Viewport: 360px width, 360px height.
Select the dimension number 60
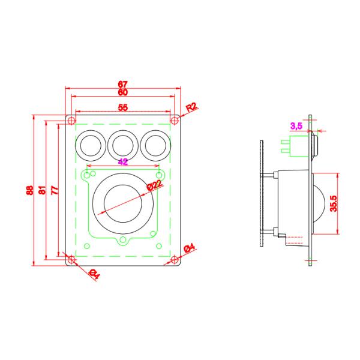pyautogui.click(x=123, y=93)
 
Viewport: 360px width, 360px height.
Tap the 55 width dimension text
pyautogui.click(x=123, y=107)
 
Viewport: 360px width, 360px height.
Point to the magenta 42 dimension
pyautogui.click(x=123, y=161)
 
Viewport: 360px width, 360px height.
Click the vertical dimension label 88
pyautogui.click(x=29, y=190)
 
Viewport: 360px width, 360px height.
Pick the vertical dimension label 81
pyautogui.click(x=42, y=190)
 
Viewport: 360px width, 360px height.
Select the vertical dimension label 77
pyautogui.click(x=54, y=190)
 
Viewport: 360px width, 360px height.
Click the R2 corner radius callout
pyautogui.click(x=192, y=108)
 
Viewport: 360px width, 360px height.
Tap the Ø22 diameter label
pyautogui.click(x=154, y=186)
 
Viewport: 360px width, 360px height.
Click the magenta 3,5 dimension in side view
pyautogui.click(x=296, y=125)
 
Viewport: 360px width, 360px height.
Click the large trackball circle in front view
pyautogui.click(x=122, y=204)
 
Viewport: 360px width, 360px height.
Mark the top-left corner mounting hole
pyautogui.click(x=71, y=119)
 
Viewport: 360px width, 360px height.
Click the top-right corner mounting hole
pyautogui.click(x=174, y=119)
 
